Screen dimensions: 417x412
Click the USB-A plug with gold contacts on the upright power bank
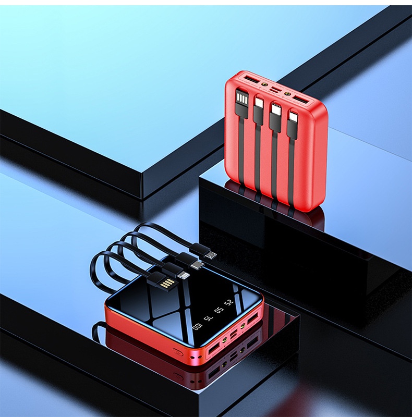[x=241, y=100]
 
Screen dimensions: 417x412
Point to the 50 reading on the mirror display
[x=219, y=310]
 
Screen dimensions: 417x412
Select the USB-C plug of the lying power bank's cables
[x=196, y=265]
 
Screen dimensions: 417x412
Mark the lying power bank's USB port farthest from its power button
[x=255, y=318]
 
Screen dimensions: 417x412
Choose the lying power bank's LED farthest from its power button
[x=242, y=328]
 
